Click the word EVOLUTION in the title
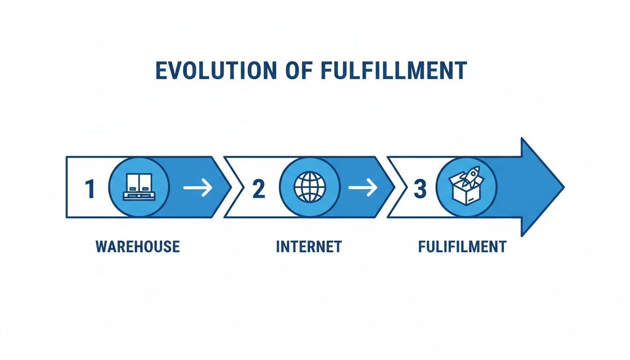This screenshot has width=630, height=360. pyautogui.click(x=211, y=71)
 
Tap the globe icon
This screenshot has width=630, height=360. pyautogui.click(x=309, y=187)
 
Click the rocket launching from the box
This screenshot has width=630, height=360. pyautogui.click(x=471, y=176)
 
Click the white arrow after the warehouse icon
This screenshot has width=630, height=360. pyautogui.click(x=197, y=188)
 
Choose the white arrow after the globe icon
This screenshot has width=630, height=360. pyautogui.click(x=362, y=188)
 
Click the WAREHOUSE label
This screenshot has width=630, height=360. pyautogui.click(x=138, y=247)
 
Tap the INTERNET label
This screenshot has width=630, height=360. pyautogui.click(x=309, y=247)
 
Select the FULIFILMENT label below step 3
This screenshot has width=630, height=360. pyautogui.click(x=462, y=247)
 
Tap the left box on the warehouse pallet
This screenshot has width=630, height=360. pyautogui.click(x=132, y=182)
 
